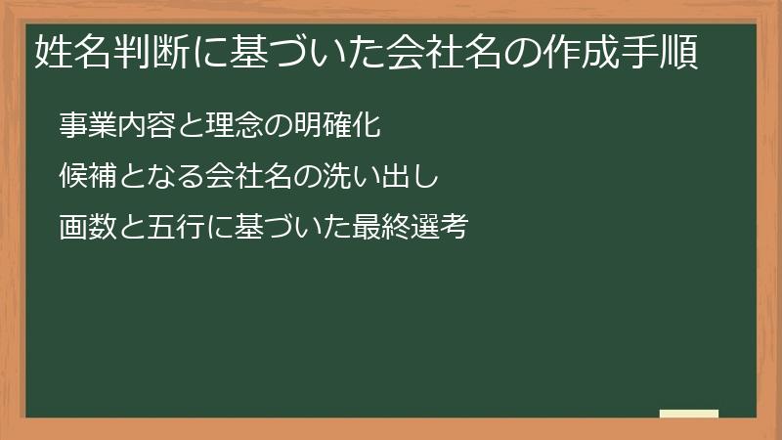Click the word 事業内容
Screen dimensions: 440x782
pyautogui.click(x=115, y=125)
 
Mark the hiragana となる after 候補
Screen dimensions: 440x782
pyautogui.click(x=159, y=177)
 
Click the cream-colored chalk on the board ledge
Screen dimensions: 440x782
pyautogui.click(x=689, y=414)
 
